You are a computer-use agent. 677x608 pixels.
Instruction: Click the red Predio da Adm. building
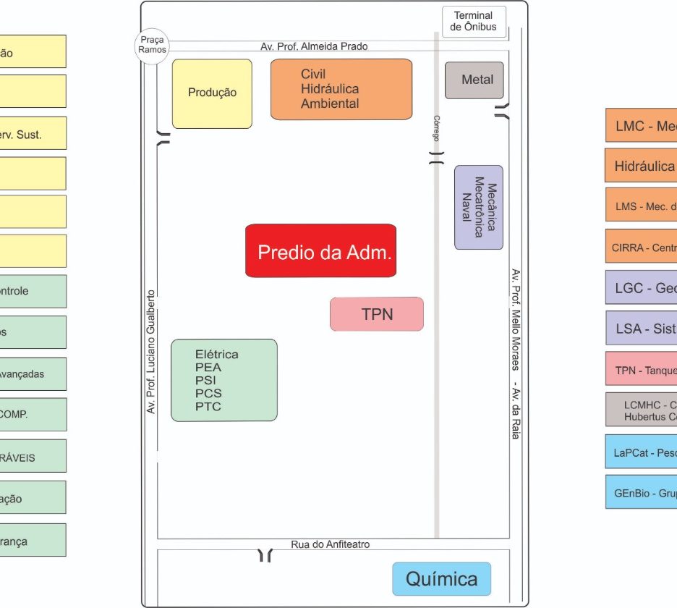tap(321, 250)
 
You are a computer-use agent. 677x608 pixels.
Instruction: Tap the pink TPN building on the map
tap(377, 314)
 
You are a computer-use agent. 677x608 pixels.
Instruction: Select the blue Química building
tap(441, 579)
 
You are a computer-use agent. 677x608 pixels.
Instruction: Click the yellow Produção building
tap(212, 93)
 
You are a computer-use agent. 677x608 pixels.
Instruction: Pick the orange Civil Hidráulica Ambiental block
tap(341, 89)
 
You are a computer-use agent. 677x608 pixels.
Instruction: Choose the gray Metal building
tap(474, 80)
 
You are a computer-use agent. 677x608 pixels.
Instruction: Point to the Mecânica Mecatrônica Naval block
tap(478, 207)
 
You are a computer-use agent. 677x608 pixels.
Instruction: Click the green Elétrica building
tap(224, 380)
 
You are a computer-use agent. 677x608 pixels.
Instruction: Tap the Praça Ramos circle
tap(153, 45)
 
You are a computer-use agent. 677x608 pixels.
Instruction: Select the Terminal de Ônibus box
tap(473, 21)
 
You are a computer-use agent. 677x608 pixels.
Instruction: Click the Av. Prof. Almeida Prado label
tap(314, 46)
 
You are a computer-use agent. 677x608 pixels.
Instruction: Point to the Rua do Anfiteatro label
tap(331, 544)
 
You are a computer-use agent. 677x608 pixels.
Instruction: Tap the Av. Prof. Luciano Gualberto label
tap(151, 352)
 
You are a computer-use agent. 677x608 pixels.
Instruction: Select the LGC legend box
tap(641, 287)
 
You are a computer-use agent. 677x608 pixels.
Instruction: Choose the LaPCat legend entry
tap(641, 452)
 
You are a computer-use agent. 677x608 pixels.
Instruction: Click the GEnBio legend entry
tap(641, 492)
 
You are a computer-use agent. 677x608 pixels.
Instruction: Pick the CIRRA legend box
tap(641, 247)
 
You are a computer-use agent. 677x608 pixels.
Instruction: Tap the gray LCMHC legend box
tap(641, 410)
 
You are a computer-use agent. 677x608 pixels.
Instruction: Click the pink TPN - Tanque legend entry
tap(641, 369)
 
